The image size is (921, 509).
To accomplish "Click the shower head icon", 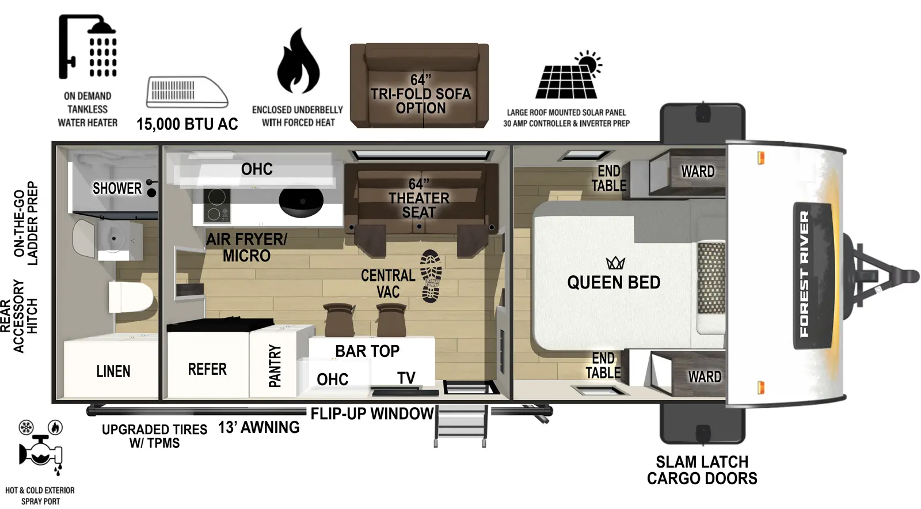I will click(x=88, y=46).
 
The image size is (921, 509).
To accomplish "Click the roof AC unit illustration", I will click(x=187, y=92).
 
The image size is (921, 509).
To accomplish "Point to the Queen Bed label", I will click(x=614, y=282).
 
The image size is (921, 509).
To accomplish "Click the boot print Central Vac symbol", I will click(x=431, y=276).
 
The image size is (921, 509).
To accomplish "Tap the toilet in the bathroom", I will click(x=131, y=297).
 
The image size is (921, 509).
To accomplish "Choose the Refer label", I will click(x=207, y=369).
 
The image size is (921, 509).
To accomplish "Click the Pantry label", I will click(x=275, y=366).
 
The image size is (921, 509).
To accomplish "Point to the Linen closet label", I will click(x=113, y=371).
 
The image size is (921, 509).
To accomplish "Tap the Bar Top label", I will click(x=367, y=351).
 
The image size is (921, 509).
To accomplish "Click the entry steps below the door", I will click(x=461, y=426).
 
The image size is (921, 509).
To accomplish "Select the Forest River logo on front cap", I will click(x=804, y=274).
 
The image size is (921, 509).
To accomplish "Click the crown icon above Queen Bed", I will click(x=615, y=263).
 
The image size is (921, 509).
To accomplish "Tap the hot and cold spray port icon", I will click(x=40, y=449).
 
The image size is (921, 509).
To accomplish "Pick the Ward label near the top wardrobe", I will click(x=698, y=172).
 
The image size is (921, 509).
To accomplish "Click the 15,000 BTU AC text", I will click(x=187, y=124).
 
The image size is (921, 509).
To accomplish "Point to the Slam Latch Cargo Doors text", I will click(x=702, y=470).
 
